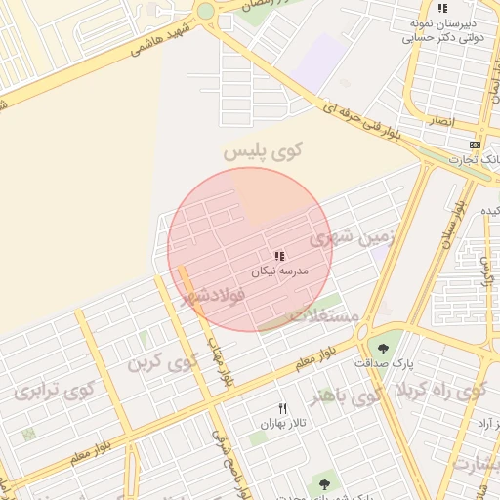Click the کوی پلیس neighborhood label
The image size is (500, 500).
263,151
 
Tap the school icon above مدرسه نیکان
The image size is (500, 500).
279,255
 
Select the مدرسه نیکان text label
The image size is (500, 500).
279,270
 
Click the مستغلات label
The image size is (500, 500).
327,315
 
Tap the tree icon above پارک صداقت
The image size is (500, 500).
382,348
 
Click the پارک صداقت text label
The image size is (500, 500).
384,363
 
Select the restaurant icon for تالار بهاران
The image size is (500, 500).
283,408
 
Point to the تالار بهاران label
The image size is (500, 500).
284,424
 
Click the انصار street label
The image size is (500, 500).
440,120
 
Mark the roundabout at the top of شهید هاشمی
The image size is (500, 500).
205,12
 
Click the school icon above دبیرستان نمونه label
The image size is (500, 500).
443,8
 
